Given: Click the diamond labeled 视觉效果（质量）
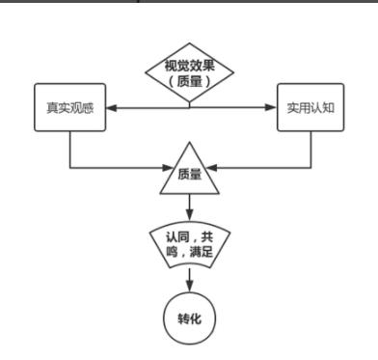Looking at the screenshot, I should coord(189,73).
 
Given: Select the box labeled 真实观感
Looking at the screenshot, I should coord(69,106).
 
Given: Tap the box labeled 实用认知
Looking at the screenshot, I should coord(309,106).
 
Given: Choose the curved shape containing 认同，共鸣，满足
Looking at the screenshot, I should coord(189,244).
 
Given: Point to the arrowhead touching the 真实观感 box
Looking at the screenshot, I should coord(109,106).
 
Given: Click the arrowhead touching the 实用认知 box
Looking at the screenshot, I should coord(272,106).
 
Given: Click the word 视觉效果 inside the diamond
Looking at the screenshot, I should coord(189,68).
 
